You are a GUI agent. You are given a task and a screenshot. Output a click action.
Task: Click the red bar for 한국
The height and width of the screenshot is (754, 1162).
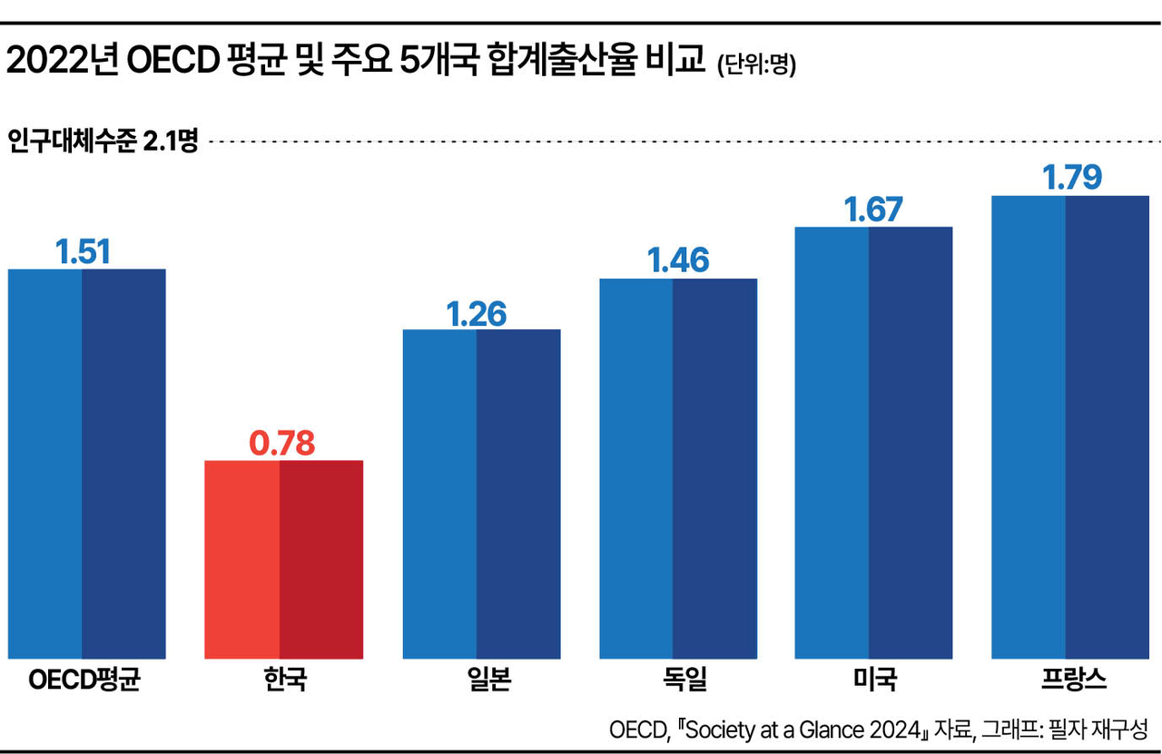284,560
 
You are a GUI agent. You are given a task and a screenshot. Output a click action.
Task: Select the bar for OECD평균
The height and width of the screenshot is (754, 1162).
86,465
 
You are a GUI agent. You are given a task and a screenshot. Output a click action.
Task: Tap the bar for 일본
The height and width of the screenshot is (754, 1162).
481,495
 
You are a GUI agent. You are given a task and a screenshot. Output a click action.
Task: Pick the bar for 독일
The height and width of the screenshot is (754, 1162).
678,469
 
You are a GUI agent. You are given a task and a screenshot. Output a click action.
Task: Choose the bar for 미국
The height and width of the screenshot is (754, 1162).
873,443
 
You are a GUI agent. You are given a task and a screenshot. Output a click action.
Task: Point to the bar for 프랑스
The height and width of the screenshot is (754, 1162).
1070,427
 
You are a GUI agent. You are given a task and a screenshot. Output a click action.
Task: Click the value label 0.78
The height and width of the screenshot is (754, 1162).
281,444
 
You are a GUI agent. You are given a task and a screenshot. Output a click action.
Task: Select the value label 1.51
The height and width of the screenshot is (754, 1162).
83,252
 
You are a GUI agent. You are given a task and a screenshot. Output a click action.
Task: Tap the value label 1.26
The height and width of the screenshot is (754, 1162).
477,314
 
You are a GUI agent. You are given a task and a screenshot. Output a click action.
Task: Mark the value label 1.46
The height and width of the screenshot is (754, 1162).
678,260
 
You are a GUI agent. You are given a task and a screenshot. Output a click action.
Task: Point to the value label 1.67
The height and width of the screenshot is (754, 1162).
873,210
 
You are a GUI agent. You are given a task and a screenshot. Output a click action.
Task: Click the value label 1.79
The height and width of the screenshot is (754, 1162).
1072,177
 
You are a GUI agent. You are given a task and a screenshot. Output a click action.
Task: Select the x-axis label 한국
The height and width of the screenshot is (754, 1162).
285,680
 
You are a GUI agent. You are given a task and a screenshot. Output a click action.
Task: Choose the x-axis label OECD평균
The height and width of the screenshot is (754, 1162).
84,680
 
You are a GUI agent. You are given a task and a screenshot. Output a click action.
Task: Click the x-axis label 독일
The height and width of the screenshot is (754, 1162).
684,680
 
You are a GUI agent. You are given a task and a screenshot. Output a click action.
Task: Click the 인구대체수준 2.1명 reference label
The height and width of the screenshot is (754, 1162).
103,141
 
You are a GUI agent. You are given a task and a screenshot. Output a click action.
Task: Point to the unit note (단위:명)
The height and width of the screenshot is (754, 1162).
756,65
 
